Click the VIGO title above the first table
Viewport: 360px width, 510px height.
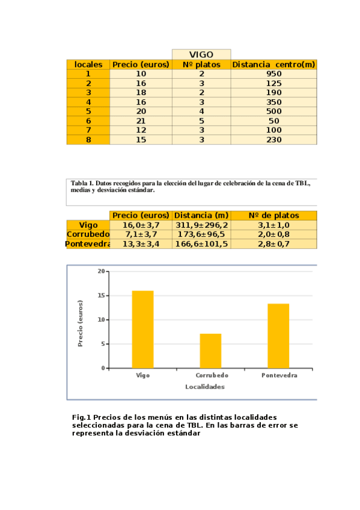click(201, 55)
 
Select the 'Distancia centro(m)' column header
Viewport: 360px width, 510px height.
click(273, 64)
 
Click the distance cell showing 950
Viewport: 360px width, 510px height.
click(273, 74)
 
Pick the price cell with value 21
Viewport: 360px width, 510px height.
click(141, 121)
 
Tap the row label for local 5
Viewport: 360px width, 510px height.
click(88, 111)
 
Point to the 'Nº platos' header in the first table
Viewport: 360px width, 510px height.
click(201, 64)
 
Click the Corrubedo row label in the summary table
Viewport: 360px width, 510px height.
click(88, 235)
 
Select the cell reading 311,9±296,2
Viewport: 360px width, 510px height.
click(202, 225)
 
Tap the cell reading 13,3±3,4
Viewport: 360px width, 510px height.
click(141, 244)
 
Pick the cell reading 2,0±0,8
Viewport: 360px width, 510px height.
click(273, 235)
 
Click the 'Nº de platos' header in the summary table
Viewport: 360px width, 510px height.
click(273, 215)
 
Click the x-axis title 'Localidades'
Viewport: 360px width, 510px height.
click(205, 387)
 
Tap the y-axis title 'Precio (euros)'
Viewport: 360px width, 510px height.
click(81, 323)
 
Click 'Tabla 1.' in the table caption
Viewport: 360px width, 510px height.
click(82, 183)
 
